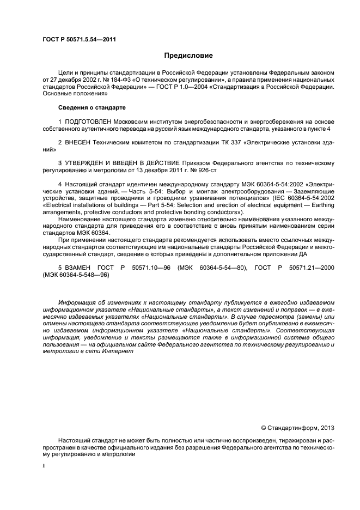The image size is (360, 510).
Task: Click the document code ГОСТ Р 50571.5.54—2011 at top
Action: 78,40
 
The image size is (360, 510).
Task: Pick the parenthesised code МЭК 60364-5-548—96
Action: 76,276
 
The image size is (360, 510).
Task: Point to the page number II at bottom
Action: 45,466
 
